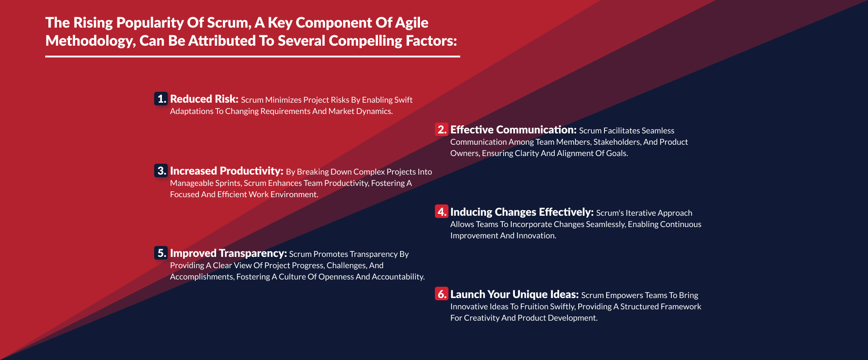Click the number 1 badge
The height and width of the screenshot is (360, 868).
click(161, 99)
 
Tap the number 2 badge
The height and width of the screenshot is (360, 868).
click(441, 129)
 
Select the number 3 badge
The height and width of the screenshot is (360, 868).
click(161, 171)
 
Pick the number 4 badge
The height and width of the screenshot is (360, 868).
click(441, 212)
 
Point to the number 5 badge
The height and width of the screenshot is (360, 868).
click(161, 253)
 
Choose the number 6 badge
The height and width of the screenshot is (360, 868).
click(441, 294)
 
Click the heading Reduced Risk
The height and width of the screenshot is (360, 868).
click(204, 99)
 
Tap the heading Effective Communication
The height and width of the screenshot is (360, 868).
click(514, 130)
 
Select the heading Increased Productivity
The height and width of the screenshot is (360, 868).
click(226, 171)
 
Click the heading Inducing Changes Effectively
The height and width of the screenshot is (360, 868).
click(522, 212)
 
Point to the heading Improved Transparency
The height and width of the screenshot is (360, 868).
click(228, 253)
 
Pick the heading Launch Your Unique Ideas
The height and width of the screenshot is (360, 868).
click(514, 294)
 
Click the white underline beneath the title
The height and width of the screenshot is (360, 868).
click(253, 57)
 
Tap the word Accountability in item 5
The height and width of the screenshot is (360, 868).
click(398, 277)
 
